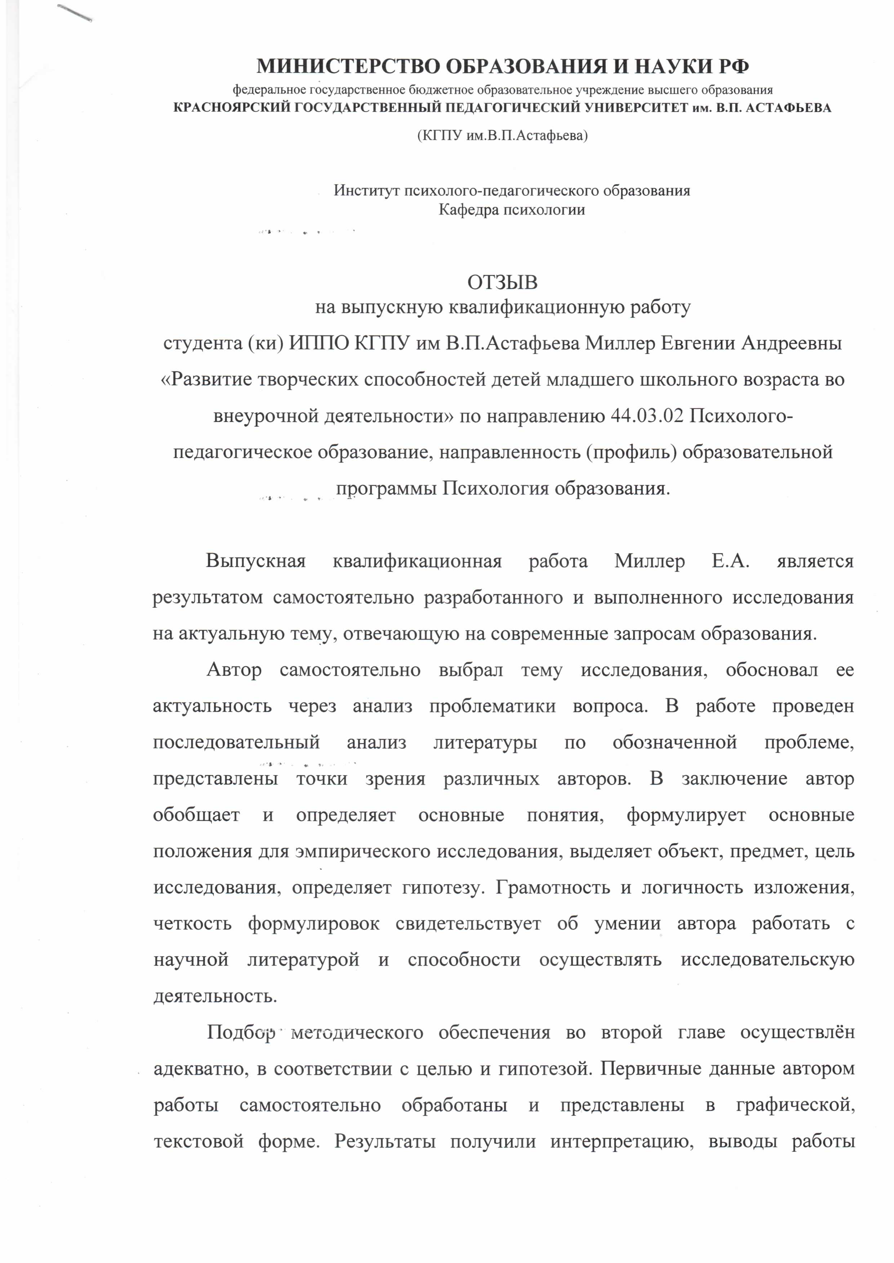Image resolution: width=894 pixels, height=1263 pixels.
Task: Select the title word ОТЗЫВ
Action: [502, 282]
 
